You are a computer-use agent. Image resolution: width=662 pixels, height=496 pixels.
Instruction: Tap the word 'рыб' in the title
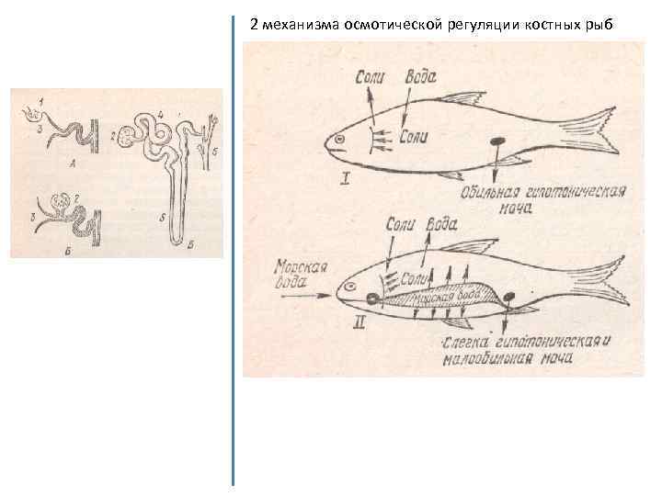(x=595, y=25)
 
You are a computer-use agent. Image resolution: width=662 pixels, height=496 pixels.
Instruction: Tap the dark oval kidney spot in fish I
(x=498, y=142)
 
